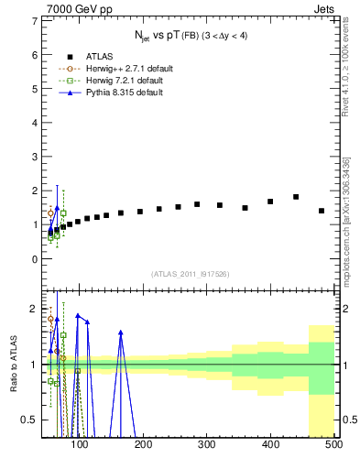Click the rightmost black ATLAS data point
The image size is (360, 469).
point(322,211)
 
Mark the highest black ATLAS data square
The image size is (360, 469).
point(296,197)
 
